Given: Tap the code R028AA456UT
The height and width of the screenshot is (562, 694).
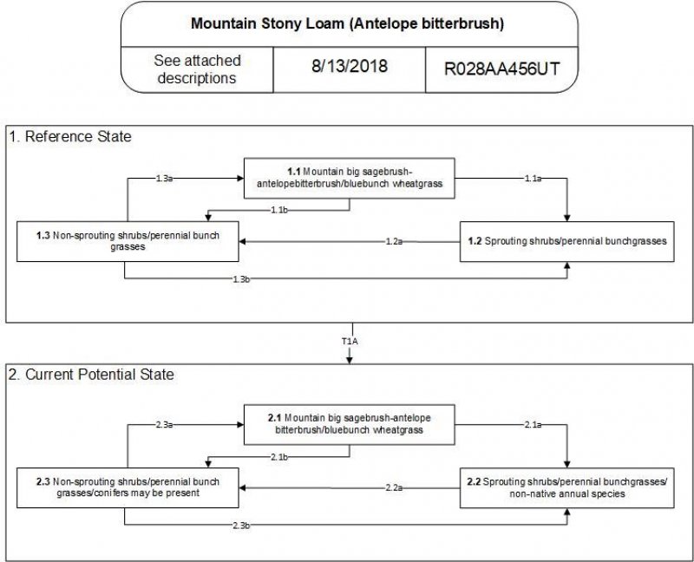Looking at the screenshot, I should [500, 69].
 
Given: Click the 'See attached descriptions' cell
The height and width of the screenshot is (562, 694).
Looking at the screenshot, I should [197, 69].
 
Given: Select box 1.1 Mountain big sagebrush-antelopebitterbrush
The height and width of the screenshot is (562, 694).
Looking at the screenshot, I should [349, 178].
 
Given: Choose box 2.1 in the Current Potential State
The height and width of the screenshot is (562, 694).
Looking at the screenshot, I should [349, 423].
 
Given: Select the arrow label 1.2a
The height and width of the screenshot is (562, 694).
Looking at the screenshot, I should [395, 242].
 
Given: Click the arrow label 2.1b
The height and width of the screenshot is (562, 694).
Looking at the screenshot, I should [279, 456].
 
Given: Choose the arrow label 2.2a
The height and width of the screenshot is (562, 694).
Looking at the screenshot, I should [395, 488].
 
